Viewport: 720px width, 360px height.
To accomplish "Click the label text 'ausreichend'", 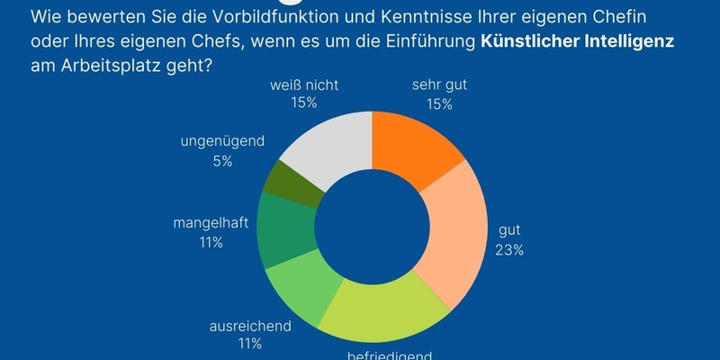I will (x=250, y=325).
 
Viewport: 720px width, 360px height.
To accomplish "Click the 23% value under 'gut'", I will (x=509, y=249).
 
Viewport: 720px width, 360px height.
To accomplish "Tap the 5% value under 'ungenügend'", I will (x=223, y=161).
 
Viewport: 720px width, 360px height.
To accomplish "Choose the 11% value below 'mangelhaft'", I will (x=211, y=243).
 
